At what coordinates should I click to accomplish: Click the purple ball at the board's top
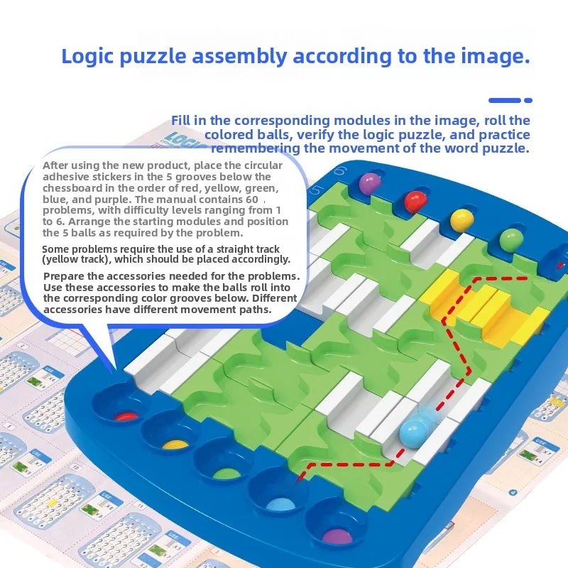coord(368,183)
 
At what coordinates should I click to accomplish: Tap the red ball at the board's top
coord(414,202)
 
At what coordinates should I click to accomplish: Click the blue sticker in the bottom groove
coord(278,503)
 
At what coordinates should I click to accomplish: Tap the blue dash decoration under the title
coord(510,100)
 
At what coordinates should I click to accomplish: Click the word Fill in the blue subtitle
coord(184,121)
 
